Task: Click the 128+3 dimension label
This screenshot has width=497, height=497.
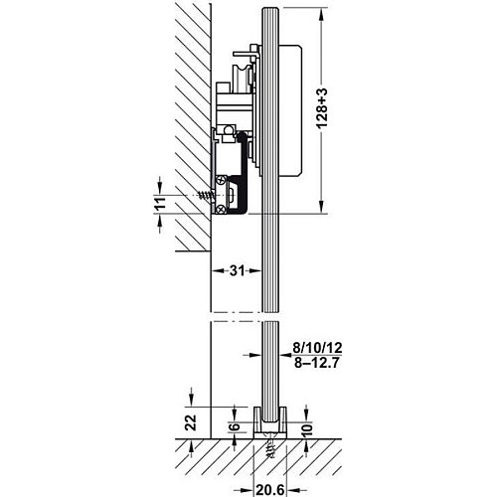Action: [x=322, y=108]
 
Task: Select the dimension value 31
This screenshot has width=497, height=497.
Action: [x=237, y=270]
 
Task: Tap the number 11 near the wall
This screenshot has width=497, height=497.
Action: [x=160, y=203]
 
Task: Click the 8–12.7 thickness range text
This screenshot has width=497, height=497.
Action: [x=316, y=364]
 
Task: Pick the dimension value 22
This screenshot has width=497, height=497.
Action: [x=191, y=422]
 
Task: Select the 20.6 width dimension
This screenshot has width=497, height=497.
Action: [x=270, y=490]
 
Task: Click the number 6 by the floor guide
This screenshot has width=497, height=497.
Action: [x=235, y=425]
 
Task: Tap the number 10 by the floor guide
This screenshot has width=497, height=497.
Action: [x=307, y=429]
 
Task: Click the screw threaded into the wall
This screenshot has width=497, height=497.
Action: [x=206, y=196]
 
